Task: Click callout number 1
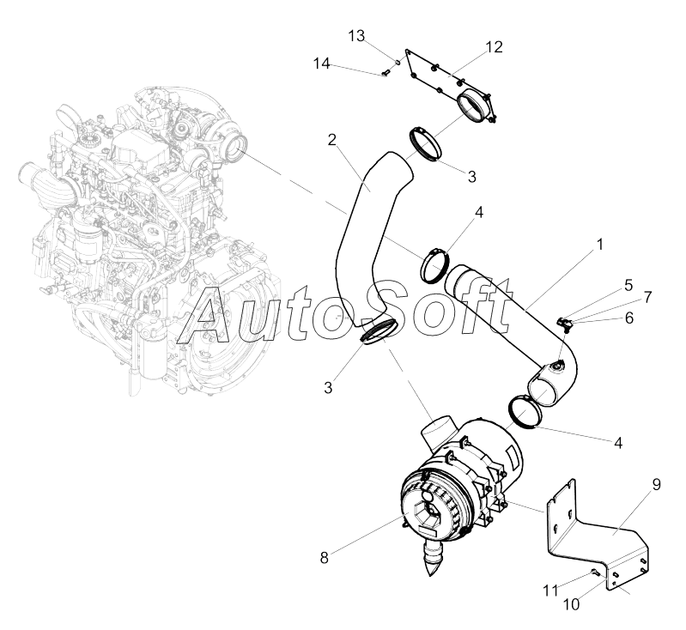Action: tap(599, 245)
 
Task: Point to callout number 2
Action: tap(331, 139)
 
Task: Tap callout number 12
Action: tap(494, 46)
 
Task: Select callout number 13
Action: tap(357, 35)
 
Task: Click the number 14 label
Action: tap(321, 64)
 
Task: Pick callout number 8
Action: tap(324, 558)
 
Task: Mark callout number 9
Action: tap(656, 485)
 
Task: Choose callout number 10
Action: tap(571, 603)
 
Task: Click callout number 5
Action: tap(628, 283)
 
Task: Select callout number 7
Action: tap(647, 297)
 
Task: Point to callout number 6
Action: tap(628, 317)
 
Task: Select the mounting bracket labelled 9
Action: tap(592, 532)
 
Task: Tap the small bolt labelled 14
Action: tap(386, 75)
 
